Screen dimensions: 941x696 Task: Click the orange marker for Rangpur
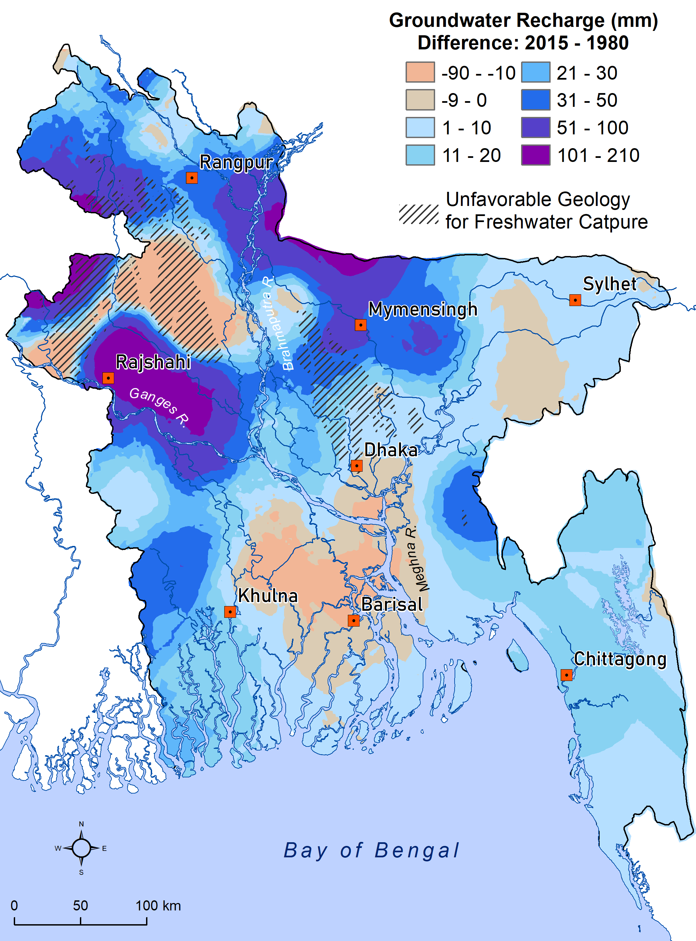[x=192, y=178]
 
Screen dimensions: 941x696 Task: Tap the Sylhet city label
[x=609, y=284]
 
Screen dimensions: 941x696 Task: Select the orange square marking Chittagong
[x=566, y=675]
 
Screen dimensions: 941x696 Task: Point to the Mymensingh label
[x=423, y=309]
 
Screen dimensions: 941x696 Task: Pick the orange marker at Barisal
[x=354, y=621]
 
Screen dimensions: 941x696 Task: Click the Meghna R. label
[x=417, y=559]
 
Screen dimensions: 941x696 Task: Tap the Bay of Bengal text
[x=372, y=850]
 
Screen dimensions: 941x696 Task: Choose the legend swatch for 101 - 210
[x=535, y=155]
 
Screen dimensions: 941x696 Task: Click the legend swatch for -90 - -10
[x=420, y=72]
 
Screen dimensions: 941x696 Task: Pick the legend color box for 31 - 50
[x=535, y=100]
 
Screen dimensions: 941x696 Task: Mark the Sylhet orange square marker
[x=575, y=300]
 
